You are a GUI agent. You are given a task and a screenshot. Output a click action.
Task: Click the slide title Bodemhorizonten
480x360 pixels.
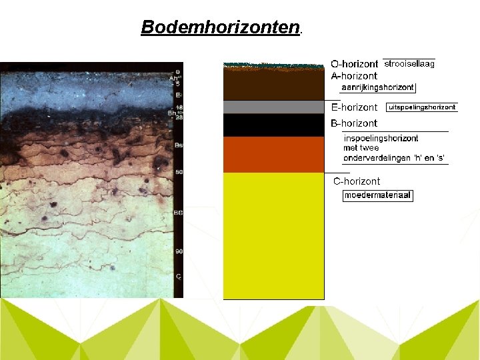click(x=221, y=27)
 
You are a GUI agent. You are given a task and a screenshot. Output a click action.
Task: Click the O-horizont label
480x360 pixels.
click(x=355, y=64)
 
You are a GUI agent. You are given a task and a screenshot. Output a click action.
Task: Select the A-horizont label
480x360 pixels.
click(x=354, y=76)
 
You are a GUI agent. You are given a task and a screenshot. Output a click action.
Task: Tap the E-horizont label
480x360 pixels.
click(x=354, y=107)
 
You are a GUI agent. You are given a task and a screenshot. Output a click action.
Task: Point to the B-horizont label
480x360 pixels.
click(x=354, y=123)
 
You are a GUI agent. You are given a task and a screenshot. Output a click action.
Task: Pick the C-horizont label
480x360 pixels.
click(x=357, y=181)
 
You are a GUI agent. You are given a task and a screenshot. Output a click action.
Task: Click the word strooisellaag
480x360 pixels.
click(x=409, y=64)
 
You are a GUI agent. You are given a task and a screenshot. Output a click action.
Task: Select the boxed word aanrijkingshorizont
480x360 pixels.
click(x=377, y=87)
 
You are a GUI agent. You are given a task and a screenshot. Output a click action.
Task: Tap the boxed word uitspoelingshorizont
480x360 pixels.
click(x=422, y=107)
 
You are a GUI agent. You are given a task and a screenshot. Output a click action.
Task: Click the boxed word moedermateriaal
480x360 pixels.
click(x=378, y=195)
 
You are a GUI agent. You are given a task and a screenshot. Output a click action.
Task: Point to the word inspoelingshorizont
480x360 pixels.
click(x=381, y=139)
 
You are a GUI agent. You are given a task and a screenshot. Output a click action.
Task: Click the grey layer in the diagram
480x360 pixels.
click(x=273, y=107)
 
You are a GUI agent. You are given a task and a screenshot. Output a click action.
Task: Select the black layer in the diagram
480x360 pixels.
click(x=273, y=125)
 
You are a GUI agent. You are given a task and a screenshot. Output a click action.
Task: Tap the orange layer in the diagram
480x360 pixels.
click(x=273, y=154)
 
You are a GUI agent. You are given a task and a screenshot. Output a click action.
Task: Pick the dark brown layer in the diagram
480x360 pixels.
click(x=273, y=84)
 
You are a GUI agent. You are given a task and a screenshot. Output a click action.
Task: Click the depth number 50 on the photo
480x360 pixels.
click(x=179, y=173)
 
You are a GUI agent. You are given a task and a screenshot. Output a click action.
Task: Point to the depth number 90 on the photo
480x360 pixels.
click(x=179, y=251)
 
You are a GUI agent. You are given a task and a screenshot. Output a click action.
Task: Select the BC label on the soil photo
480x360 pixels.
click(x=178, y=213)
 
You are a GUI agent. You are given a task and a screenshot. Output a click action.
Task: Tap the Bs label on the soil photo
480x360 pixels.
click(x=178, y=145)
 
